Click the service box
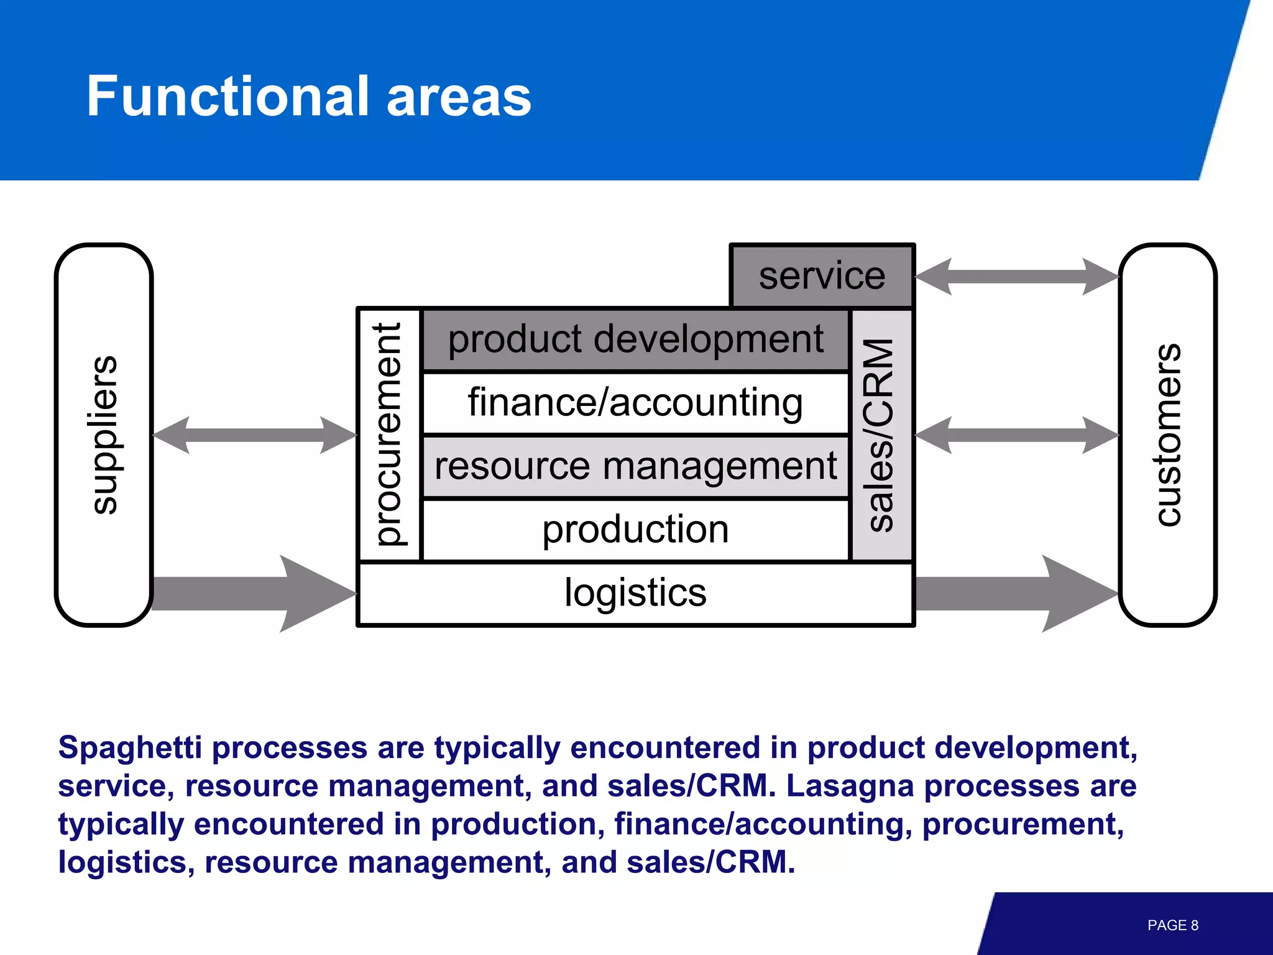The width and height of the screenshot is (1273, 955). tap(822, 276)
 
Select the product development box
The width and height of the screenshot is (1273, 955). tap(635, 340)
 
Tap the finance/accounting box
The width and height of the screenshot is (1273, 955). tap(635, 403)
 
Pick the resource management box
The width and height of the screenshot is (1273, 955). tap(635, 467)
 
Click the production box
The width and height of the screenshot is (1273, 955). tap(635, 530)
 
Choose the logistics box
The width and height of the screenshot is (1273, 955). tap(635, 593)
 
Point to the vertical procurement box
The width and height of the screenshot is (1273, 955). tap(390, 435)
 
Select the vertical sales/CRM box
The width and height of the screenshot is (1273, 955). tap(881, 435)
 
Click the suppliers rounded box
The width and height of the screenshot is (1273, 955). tap(104, 435)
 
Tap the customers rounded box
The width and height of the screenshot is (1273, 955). tap(1168, 435)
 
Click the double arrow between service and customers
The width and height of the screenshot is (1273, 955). tap(1017, 277)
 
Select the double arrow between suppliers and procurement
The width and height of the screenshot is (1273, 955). tap(255, 435)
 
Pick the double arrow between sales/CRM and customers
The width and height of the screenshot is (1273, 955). tap(1017, 435)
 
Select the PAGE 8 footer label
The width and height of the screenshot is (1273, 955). tap(1172, 925)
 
